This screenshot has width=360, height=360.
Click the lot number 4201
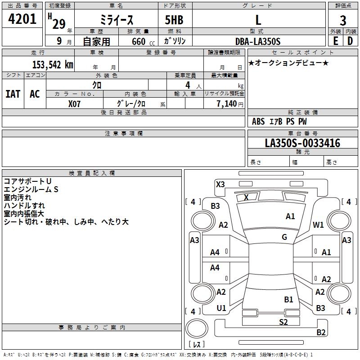(22, 19)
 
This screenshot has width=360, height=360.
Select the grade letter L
(258, 20)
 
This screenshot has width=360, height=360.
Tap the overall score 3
(343, 21)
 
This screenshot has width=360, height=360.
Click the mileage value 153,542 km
(53, 64)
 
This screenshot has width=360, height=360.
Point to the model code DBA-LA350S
(258, 41)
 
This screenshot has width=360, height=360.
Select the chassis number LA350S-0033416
(302, 143)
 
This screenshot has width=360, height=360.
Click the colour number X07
(75, 103)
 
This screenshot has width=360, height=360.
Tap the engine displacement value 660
(138, 41)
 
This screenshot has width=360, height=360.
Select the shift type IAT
(13, 94)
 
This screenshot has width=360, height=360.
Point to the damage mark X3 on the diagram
(220, 184)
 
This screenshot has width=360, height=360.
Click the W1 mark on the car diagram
(319, 225)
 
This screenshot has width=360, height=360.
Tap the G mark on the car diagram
(284, 237)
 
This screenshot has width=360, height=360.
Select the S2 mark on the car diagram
(283, 322)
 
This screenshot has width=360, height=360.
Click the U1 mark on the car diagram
(221, 308)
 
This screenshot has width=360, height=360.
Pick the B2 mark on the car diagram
(321, 333)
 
